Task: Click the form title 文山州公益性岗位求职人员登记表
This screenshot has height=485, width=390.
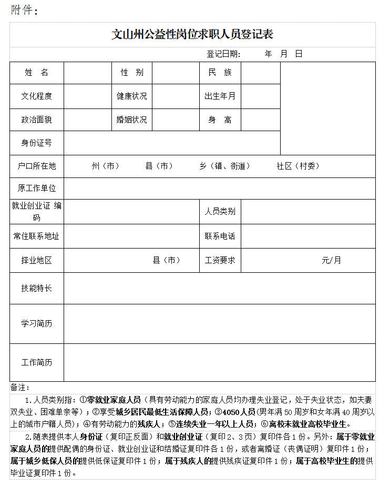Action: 192,35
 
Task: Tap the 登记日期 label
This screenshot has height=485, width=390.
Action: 223,54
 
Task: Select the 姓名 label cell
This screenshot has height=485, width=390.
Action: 37,73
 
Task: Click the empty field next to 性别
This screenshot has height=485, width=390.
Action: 176,73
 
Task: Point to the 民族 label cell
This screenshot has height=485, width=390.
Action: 220,73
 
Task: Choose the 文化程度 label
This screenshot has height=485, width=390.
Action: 37,96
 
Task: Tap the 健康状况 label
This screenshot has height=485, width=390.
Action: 132,96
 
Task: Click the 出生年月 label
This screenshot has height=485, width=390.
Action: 220,96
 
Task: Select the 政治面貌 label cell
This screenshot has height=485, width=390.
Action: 37,120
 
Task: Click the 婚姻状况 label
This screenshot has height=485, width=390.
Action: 132,120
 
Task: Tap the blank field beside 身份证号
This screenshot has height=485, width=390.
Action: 172,143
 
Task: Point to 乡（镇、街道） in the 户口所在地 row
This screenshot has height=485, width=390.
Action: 224,166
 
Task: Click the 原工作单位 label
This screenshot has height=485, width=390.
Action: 37,188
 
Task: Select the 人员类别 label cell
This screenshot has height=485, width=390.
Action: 220,211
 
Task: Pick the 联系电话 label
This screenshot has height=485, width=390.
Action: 220,236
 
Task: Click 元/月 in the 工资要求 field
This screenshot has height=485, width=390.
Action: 331,260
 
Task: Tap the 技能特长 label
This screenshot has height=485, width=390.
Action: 37,288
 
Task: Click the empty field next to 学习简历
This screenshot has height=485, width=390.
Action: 220,324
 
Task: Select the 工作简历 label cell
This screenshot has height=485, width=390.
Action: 37,363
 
